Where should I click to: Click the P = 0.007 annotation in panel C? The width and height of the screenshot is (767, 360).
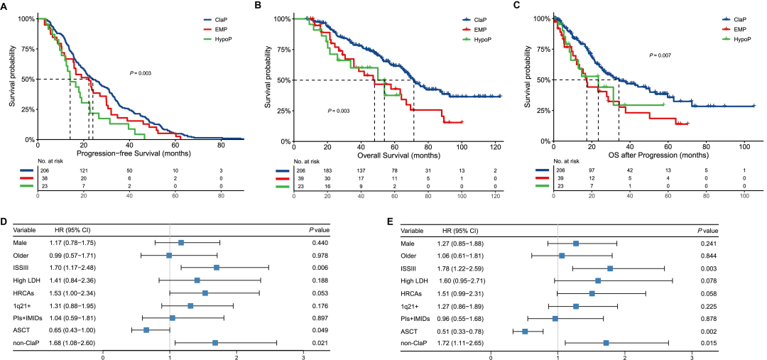[662, 55]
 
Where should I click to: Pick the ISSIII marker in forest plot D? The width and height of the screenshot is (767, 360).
[217, 267]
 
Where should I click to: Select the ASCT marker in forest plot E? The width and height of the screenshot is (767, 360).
[525, 331]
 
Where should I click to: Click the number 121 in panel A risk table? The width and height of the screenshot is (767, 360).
[83, 171]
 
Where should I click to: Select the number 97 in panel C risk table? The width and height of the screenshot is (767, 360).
[591, 171]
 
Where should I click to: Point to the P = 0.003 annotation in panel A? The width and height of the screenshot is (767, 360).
[140, 73]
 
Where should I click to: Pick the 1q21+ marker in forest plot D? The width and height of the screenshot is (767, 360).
[190, 305]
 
